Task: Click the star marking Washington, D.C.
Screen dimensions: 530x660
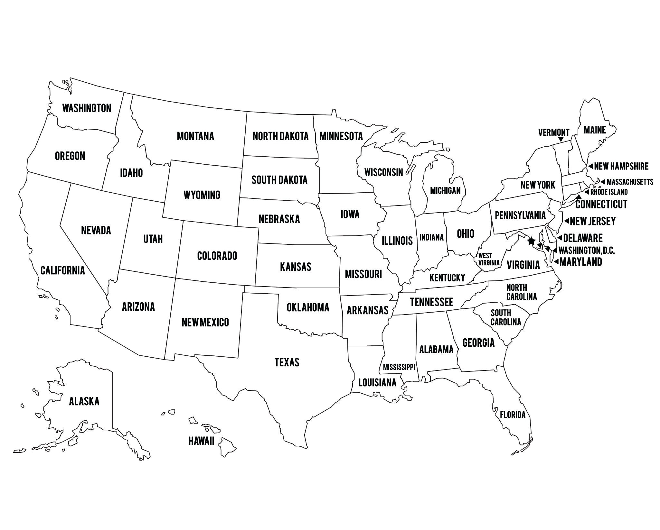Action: pyautogui.click(x=532, y=241)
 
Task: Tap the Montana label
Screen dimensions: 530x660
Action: pyautogui.click(x=195, y=136)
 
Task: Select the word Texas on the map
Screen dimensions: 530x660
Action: pyautogui.click(x=287, y=362)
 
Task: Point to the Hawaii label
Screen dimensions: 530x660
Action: pyautogui.click(x=201, y=441)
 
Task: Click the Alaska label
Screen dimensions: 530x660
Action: pyautogui.click(x=84, y=401)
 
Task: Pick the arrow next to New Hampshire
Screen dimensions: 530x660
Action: pyautogui.click(x=590, y=166)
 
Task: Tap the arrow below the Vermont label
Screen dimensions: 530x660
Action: pyautogui.click(x=561, y=140)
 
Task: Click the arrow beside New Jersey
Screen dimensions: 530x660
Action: pyautogui.click(x=566, y=221)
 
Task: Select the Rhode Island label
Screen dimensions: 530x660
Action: pyautogui.click(x=609, y=192)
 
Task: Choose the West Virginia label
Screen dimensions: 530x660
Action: pyautogui.click(x=488, y=259)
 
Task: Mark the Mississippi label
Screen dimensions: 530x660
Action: pyautogui.click(x=399, y=367)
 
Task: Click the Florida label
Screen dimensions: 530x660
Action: pyautogui.click(x=513, y=415)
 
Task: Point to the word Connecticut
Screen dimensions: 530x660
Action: pyautogui.click(x=601, y=204)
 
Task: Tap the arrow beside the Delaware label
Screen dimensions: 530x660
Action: pyautogui.click(x=560, y=238)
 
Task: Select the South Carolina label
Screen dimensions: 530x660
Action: pyautogui.click(x=505, y=317)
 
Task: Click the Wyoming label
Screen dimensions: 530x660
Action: pyautogui.click(x=202, y=195)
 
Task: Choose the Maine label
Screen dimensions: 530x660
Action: pyautogui.click(x=595, y=130)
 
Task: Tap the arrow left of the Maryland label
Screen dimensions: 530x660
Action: pyautogui.click(x=556, y=261)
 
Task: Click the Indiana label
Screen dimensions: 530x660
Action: pyautogui.click(x=431, y=237)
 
